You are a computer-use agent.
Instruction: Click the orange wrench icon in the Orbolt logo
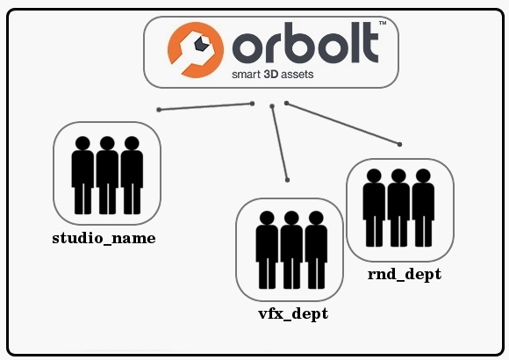[x=196, y=50]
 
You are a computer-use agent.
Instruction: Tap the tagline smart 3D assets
[x=273, y=75]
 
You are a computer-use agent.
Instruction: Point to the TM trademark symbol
[x=383, y=23]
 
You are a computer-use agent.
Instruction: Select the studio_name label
[x=104, y=239]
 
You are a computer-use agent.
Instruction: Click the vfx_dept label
[x=293, y=313]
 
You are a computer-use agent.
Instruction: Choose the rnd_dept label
[x=405, y=274]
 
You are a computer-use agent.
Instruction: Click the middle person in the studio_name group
[x=107, y=176]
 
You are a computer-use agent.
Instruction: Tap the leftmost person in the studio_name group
[x=82, y=176]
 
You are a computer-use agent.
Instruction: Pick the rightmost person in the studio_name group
[x=132, y=176]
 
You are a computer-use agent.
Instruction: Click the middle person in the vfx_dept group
[x=291, y=250]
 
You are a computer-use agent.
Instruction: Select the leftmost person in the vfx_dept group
[x=267, y=250]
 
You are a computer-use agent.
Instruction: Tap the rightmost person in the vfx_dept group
[x=316, y=250]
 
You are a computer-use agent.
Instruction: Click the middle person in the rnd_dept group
[x=398, y=208]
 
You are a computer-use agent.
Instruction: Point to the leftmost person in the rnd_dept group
[x=374, y=208]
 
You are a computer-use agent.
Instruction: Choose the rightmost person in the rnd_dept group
[x=423, y=208]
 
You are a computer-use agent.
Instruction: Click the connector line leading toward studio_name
[x=205, y=106]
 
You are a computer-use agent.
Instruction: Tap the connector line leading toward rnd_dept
[x=343, y=124]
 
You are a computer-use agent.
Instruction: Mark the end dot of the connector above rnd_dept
[x=399, y=144]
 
